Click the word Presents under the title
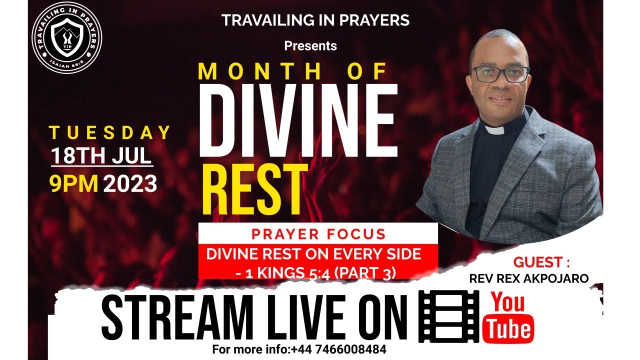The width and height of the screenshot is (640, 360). (x=310, y=46)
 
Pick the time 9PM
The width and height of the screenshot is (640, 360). (x=73, y=184)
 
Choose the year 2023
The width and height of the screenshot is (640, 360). (x=130, y=184)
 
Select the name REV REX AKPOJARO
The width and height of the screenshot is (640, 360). (x=528, y=279)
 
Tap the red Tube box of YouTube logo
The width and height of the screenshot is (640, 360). (x=508, y=329)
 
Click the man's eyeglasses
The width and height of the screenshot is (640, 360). (x=500, y=73)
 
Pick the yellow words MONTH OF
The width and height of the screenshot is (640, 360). (x=292, y=72)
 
